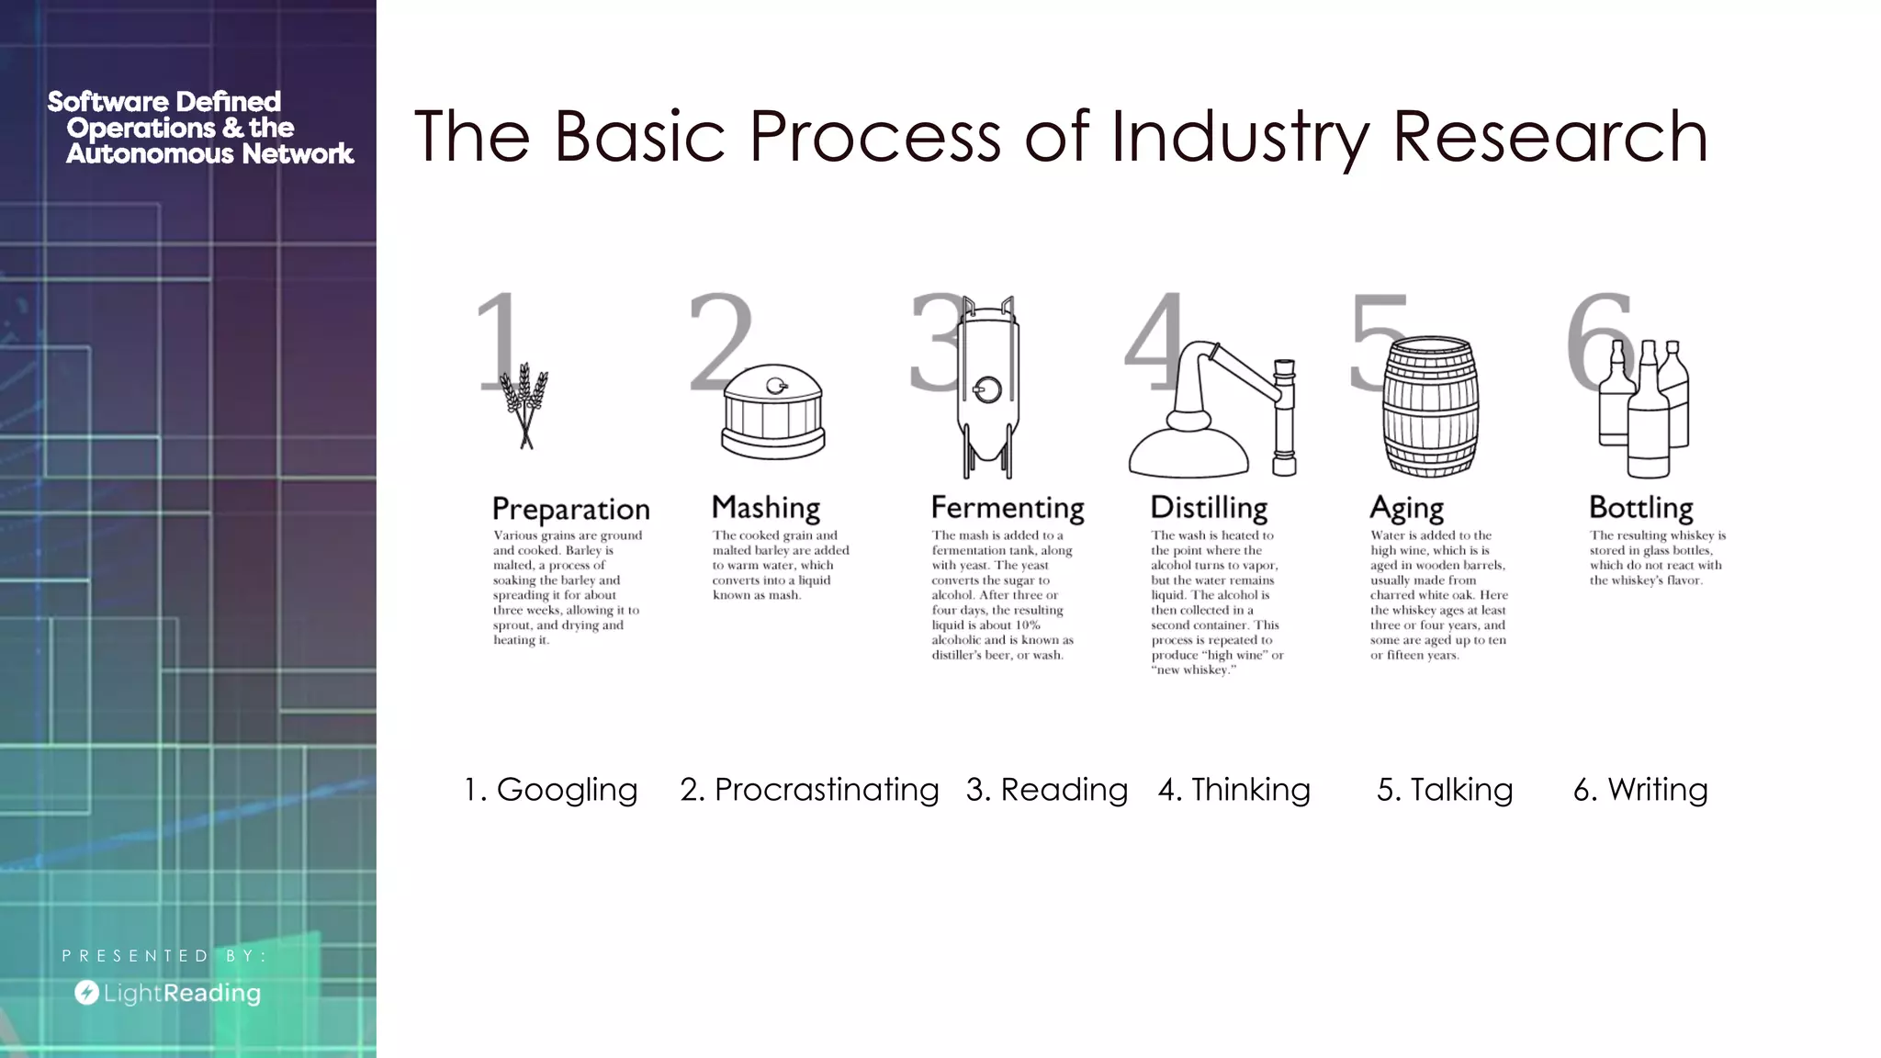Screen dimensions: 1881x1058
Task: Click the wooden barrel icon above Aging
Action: (1431, 406)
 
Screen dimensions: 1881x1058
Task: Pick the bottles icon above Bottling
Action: (1644, 409)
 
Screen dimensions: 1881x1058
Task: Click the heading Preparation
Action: (570, 509)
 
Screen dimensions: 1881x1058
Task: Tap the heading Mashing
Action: (766, 507)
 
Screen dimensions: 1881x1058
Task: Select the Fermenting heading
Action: (1008, 507)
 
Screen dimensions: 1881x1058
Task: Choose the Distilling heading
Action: (1209, 507)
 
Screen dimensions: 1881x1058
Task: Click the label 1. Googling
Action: (550, 789)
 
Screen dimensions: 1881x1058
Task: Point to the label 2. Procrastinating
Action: (809, 789)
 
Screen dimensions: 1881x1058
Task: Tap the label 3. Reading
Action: (1046, 789)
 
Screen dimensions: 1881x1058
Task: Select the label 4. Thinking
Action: (1234, 789)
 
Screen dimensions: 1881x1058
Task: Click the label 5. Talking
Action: (1444, 789)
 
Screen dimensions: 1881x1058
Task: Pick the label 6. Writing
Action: (1640, 789)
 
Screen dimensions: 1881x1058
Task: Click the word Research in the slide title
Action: (1550, 136)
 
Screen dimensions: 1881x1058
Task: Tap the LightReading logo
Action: (168, 993)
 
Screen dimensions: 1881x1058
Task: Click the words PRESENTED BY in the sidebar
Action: (163, 956)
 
